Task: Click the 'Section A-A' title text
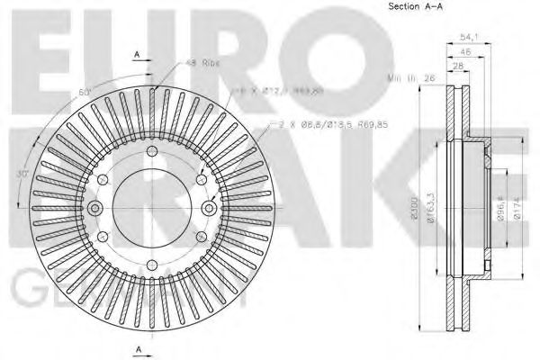click(x=415, y=7)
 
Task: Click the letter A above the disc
click(x=136, y=55)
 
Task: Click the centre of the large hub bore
click(x=152, y=209)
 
